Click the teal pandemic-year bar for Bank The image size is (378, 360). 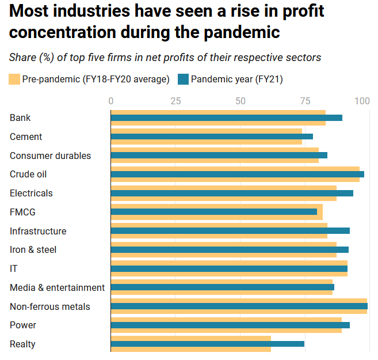point(226,118)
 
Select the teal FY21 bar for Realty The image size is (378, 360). point(207,344)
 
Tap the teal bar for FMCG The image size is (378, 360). point(213,212)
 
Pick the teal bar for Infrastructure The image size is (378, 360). point(230,231)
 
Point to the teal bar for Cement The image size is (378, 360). point(212,137)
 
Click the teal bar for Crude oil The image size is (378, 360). point(237,174)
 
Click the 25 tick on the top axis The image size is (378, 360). point(175,101)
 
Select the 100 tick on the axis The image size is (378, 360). point(362,101)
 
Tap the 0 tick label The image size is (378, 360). point(111,101)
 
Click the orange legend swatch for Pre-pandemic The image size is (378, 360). point(14,79)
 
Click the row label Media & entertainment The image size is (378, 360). point(57,287)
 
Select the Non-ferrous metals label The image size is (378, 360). point(49,306)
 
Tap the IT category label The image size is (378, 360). point(14,268)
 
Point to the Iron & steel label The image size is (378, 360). point(33,249)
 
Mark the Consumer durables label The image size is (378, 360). point(50,156)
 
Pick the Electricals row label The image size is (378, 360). point(31,193)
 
